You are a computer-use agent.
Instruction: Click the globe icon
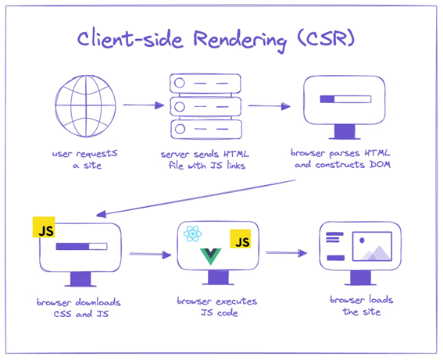[x=86, y=106]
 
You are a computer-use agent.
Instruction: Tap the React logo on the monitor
[x=192, y=233]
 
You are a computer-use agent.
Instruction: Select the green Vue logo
[x=210, y=256]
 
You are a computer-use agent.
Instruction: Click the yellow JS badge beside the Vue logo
[x=241, y=239]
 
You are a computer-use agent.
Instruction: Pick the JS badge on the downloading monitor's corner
[x=44, y=227]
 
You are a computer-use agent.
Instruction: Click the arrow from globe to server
[x=144, y=105]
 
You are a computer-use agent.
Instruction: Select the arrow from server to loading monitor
[x=270, y=106]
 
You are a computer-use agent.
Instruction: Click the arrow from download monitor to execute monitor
[x=150, y=255]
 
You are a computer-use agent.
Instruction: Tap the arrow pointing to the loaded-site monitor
[x=287, y=253]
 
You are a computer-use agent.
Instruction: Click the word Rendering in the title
[x=240, y=40]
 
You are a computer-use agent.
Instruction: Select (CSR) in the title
[x=326, y=38]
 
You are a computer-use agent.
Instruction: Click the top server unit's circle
[x=180, y=83]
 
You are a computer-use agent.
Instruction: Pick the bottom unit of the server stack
[x=206, y=129]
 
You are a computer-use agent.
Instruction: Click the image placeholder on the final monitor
[x=372, y=246]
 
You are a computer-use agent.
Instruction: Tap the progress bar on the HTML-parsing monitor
[x=345, y=99]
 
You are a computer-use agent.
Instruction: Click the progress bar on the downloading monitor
[x=81, y=246]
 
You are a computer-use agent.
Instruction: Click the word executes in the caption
[x=237, y=301]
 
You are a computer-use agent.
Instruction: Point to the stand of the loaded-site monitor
[x=360, y=278]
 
